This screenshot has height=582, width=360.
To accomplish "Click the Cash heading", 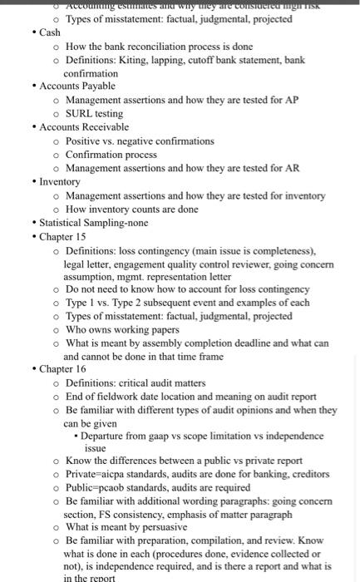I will (x=50, y=32).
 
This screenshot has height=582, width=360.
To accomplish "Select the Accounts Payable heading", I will (x=77, y=86).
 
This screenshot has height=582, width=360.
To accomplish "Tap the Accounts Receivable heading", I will (x=84, y=127).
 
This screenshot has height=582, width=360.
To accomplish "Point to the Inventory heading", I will (x=60, y=181).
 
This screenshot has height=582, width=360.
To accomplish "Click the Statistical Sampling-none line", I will (x=94, y=222).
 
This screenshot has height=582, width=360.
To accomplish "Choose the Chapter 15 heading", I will (x=62, y=236).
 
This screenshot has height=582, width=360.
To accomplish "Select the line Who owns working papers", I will (x=122, y=329).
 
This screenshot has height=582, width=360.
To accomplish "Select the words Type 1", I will (x=80, y=303).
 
